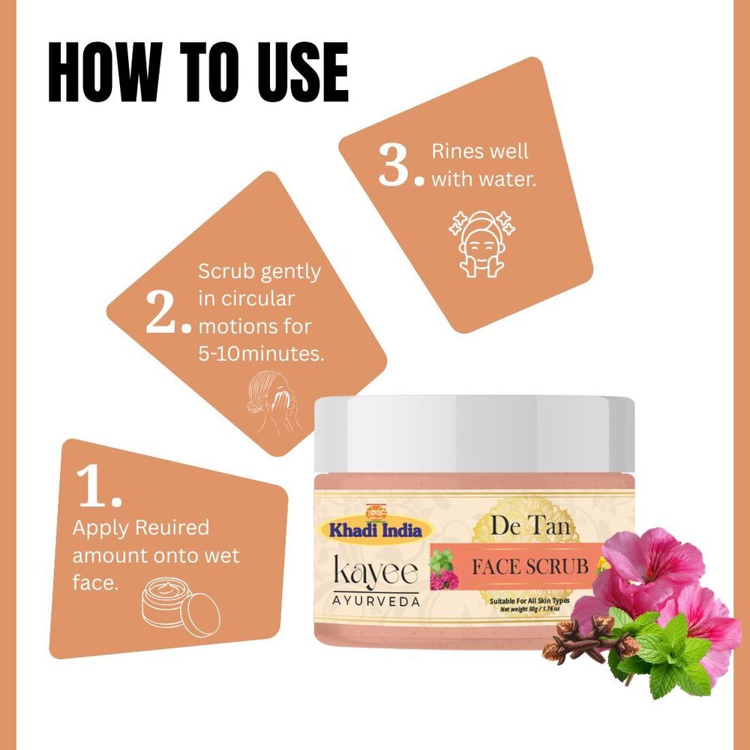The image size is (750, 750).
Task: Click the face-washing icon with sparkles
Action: [480, 241]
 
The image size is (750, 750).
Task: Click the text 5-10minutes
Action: [262, 354]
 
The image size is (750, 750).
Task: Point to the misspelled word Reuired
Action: [172, 528]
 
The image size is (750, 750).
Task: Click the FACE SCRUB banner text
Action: [529, 565]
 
